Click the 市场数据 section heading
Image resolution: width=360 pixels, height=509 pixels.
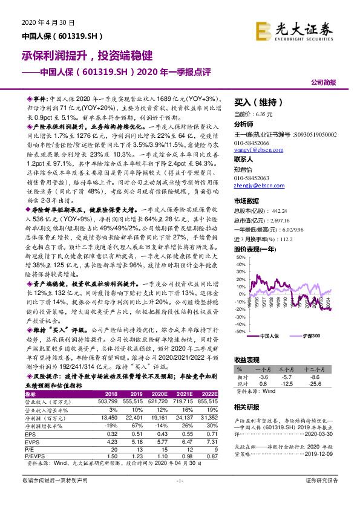[x=246, y=201]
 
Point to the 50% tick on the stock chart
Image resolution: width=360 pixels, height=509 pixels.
[x=240, y=257]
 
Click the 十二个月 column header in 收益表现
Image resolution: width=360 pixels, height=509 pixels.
[x=315, y=369]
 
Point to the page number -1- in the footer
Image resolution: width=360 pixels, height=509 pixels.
[x=180, y=498]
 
